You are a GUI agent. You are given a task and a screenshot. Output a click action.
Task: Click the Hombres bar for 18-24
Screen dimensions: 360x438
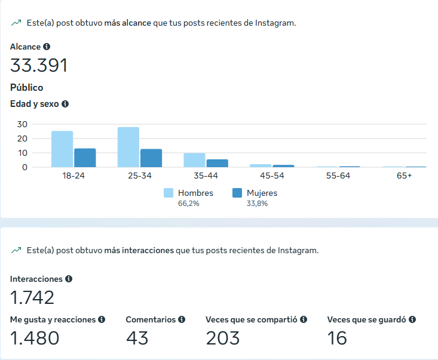(x=62, y=149)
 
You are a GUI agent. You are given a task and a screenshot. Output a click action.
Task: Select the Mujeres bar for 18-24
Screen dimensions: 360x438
(x=85, y=158)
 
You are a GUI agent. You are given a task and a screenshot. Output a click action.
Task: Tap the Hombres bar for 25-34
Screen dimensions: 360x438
(x=128, y=147)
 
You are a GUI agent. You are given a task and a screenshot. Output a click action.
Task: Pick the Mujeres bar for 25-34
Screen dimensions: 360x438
(x=151, y=158)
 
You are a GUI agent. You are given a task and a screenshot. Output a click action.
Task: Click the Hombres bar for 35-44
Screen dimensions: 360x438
(x=194, y=160)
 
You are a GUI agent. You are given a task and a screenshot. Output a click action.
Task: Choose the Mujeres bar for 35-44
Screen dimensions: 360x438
(x=217, y=163)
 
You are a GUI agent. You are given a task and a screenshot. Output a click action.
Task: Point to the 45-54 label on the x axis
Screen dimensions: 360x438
(x=272, y=176)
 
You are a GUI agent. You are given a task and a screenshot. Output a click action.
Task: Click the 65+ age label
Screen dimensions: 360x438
(x=405, y=176)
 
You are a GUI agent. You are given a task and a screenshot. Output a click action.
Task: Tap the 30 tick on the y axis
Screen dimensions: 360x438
(x=22, y=124)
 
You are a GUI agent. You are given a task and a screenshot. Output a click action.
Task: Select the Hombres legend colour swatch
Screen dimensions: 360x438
(x=168, y=193)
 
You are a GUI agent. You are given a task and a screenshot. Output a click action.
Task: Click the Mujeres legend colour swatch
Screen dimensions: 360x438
(x=237, y=193)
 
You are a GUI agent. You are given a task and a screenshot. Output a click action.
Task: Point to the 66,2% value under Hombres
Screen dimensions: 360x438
(x=188, y=204)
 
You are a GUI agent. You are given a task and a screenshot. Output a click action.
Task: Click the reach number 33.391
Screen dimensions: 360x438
(x=39, y=65)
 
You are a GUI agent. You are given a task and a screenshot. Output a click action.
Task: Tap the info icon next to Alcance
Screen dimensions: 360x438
(x=47, y=47)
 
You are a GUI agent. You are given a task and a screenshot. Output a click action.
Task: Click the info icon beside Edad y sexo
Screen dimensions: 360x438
(x=65, y=104)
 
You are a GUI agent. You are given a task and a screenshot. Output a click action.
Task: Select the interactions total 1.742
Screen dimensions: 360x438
(x=32, y=297)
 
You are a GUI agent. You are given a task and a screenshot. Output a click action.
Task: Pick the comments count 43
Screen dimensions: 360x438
(x=137, y=339)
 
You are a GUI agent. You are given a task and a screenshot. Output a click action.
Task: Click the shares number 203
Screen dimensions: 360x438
(x=222, y=339)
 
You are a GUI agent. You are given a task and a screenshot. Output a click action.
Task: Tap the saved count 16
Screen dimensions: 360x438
(x=337, y=339)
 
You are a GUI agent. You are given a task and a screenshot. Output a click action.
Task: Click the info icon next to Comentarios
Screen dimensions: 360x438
(x=182, y=319)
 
